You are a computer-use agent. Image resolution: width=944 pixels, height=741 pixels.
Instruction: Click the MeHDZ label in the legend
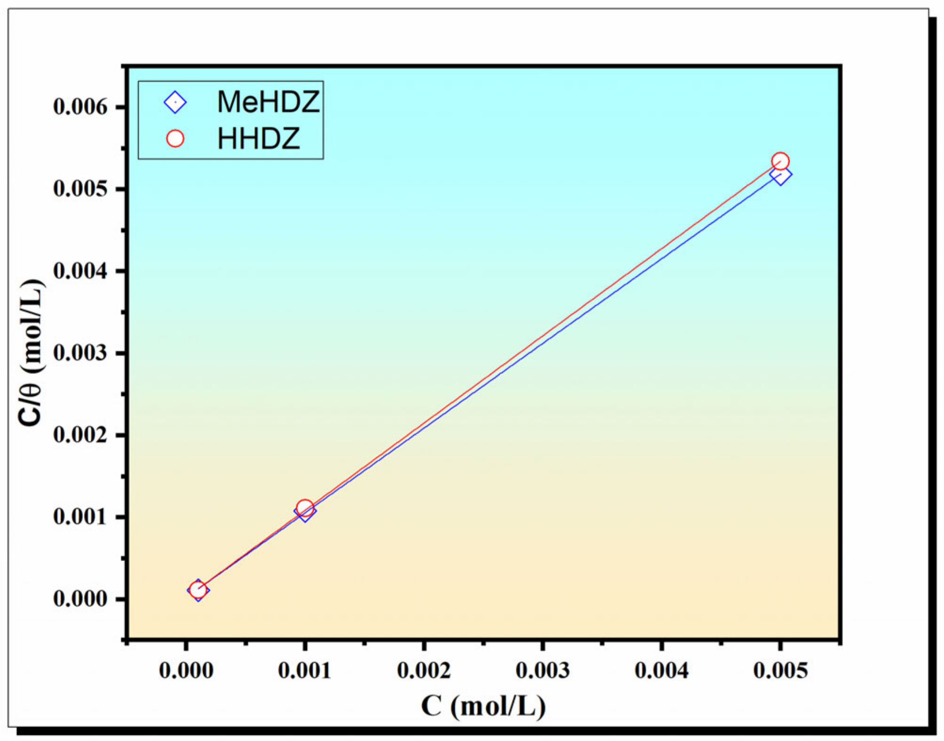point(268,102)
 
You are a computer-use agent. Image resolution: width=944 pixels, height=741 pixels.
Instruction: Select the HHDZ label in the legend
point(258,139)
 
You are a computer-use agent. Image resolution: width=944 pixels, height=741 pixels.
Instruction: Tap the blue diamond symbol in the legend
point(175,102)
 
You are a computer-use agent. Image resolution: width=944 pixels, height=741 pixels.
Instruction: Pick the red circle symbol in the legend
point(175,139)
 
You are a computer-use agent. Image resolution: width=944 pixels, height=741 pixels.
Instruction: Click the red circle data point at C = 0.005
point(780,161)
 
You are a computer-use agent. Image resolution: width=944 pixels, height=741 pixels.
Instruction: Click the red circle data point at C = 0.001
point(305,508)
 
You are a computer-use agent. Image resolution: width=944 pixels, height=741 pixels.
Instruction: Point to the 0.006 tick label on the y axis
point(80,107)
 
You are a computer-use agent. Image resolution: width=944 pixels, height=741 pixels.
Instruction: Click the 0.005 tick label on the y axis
point(80,189)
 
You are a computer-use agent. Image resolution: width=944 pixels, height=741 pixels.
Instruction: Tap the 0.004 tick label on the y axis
point(80,271)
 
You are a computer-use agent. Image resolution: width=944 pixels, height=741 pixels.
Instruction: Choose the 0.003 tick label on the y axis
point(80,353)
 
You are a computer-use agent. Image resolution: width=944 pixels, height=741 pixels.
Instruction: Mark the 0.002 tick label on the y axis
point(80,435)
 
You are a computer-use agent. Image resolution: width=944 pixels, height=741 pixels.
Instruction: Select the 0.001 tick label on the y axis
point(80,517)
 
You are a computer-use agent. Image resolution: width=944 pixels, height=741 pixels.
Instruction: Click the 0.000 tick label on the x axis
point(186,670)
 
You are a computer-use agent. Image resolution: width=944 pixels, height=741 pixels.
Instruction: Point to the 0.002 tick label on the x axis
point(424,670)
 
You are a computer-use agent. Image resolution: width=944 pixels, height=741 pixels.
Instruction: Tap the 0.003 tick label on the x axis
point(543,670)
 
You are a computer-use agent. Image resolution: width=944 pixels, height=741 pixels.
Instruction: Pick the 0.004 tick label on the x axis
point(661,670)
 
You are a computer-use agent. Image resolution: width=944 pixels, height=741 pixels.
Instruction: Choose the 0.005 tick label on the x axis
point(780,670)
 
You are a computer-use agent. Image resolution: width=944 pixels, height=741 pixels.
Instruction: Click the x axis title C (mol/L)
point(483,706)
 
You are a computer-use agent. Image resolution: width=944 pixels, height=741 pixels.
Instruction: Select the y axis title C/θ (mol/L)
point(31,353)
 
